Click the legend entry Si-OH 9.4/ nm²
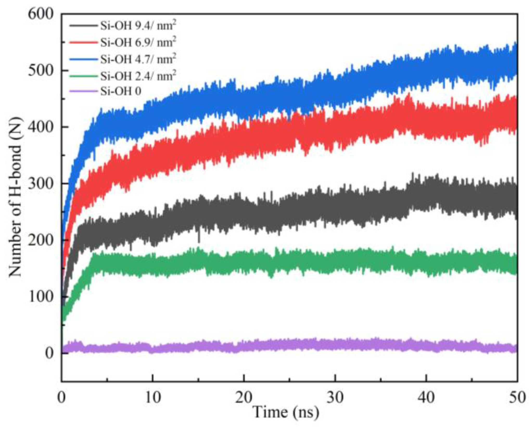pyautogui.click(x=138, y=26)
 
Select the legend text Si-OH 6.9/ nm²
pyautogui.click(x=138, y=42)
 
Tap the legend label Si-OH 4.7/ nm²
pyautogui.click(x=138, y=59)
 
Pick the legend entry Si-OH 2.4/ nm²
pyautogui.click(x=138, y=76)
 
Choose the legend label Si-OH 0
pyautogui.click(x=121, y=91)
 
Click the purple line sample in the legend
pyautogui.click(x=83, y=91)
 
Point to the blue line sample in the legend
pyautogui.click(x=83, y=59)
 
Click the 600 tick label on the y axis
pyautogui.click(x=41, y=14)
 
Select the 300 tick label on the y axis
pyautogui.click(x=41, y=184)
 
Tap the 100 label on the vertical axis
pyautogui.click(x=41, y=297)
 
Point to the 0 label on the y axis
pyautogui.click(x=49, y=353)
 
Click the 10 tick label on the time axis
pyautogui.click(x=152, y=398)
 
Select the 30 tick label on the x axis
pyautogui.click(x=335, y=398)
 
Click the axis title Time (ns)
pyautogui.click(x=286, y=412)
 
